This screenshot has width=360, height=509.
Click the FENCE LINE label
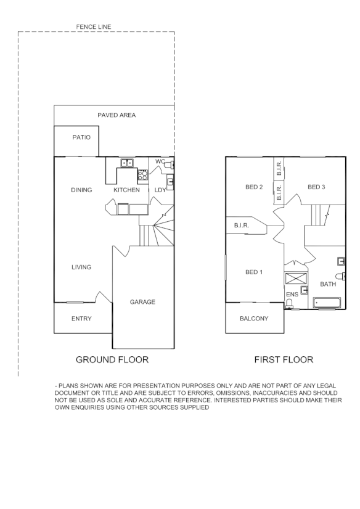93,27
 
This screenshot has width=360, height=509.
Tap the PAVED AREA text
117,115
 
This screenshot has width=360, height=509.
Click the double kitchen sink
128,163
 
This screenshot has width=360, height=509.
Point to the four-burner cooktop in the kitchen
142,174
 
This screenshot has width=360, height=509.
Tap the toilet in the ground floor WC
171,165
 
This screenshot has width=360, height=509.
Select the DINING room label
81,190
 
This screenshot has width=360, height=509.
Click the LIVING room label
81,267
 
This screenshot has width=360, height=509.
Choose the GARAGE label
142,302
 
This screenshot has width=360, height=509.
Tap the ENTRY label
81,319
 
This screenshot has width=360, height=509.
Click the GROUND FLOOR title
112,359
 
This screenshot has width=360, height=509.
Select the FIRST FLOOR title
284,359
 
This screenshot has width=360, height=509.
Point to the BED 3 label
316,187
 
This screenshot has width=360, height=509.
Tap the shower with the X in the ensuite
293,278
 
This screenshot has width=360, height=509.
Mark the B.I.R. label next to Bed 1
241,226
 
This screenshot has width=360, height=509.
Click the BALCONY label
254,319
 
